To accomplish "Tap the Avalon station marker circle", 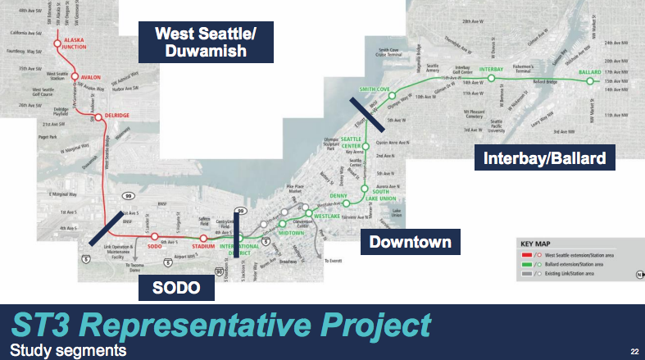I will (75, 76).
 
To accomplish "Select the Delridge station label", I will (116, 116).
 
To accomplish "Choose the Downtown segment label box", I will (410, 242).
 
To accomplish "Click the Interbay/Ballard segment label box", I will (544, 157).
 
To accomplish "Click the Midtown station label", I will (293, 232).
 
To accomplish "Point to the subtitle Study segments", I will (64, 350).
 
